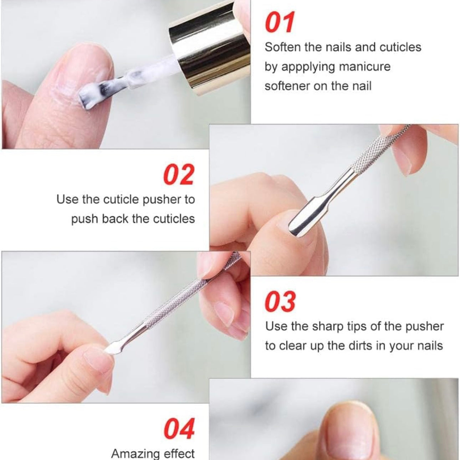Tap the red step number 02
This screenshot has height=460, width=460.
click(179, 174)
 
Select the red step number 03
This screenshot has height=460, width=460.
click(280, 301)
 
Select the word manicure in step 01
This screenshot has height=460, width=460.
click(365, 66)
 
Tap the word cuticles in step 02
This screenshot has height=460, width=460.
click(174, 219)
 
